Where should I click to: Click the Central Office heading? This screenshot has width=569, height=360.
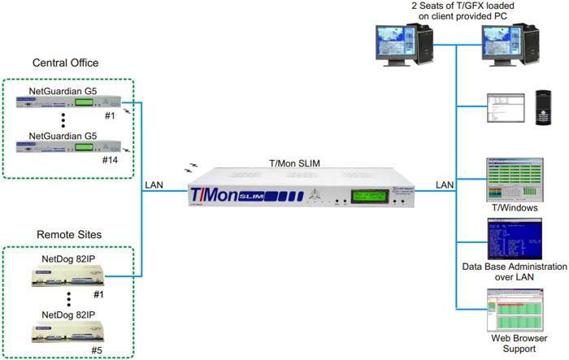[x=65, y=63]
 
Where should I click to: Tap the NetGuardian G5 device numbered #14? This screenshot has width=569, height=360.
[x=69, y=147]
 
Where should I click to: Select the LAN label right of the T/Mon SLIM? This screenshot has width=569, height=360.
[x=445, y=186]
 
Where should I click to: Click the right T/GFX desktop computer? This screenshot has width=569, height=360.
[x=509, y=46]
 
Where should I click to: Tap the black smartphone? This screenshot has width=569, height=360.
[x=544, y=106]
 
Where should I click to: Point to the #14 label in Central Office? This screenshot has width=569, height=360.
[x=110, y=161]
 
